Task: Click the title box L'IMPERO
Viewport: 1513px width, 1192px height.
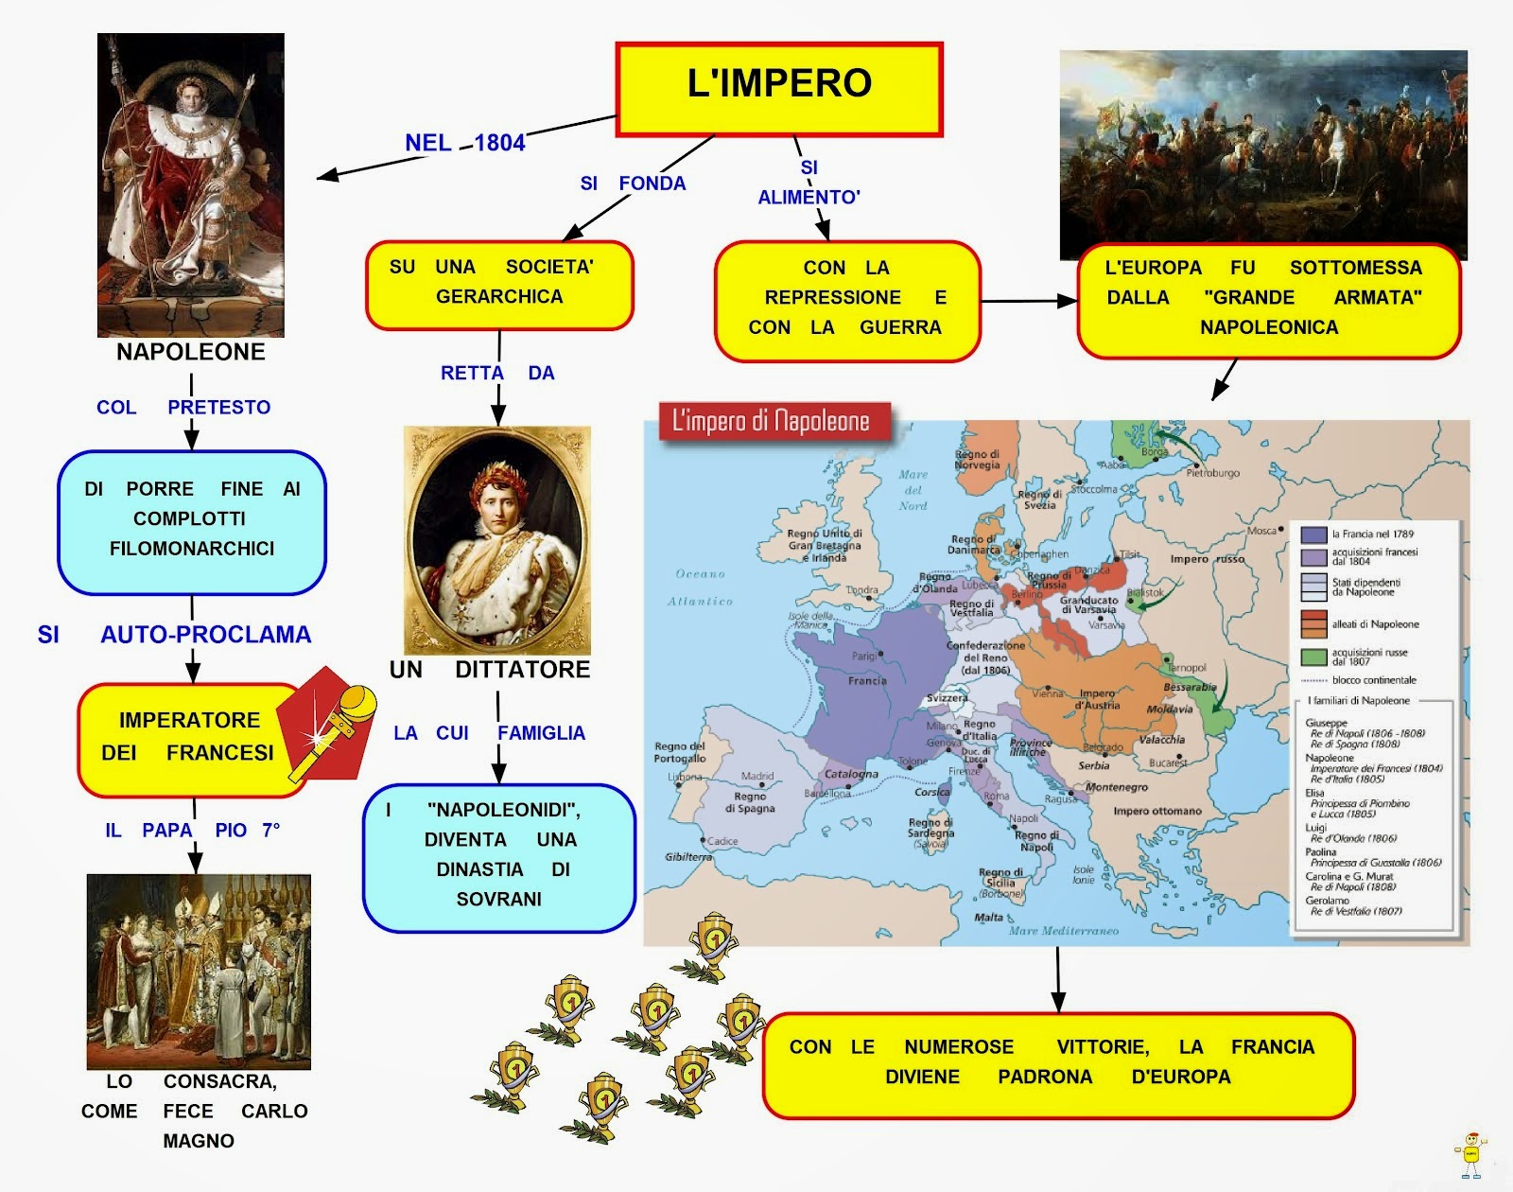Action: coord(779,88)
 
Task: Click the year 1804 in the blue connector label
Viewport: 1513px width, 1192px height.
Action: coord(499,143)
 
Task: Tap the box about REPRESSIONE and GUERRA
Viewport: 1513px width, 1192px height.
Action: coord(847,300)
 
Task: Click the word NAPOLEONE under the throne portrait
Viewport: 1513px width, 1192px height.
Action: coord(191,352)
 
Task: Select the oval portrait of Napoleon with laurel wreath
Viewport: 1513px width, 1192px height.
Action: coord(497,540)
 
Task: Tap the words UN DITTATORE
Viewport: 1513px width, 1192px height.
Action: coord(490,670)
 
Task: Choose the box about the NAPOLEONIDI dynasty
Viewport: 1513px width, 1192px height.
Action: coord(499,857)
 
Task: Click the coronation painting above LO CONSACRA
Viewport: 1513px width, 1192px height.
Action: coord(199,972)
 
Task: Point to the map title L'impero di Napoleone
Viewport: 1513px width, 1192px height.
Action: coord(770,422)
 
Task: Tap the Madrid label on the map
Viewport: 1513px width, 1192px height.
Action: coord(757,777)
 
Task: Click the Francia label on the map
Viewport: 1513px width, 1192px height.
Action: coord(867,680)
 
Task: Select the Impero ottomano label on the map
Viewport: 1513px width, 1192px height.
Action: coord(1156,811)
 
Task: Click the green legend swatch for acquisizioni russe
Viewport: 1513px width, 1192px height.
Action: coord(1313,657)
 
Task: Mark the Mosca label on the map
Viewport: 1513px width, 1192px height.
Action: coord(1261,531)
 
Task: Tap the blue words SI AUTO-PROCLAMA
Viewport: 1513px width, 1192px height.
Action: coord(174,635)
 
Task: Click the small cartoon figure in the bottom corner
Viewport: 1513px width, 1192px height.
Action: coord(1470,1154)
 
